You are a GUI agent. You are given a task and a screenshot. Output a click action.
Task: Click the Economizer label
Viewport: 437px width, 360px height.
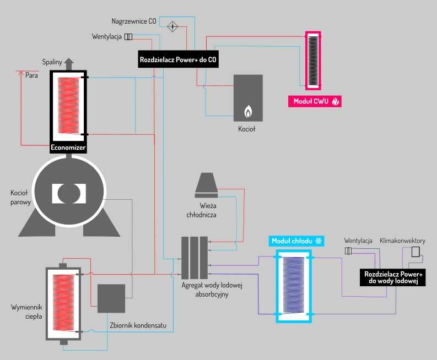pos(68,147)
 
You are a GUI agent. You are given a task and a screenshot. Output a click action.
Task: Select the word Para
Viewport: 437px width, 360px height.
pos(31,75)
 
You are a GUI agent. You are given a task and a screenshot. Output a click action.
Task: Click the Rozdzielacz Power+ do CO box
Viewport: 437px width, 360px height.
pos(178,59)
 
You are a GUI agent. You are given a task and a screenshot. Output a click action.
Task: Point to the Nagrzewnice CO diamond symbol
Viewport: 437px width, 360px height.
pos(172,25)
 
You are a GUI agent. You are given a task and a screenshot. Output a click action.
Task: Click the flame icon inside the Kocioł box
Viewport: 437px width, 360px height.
pos(248,112)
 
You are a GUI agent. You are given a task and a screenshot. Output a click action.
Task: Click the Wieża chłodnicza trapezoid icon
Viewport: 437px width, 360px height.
pos(207,184)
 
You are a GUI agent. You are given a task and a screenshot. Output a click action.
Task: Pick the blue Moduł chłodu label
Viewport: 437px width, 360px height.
pos(297,241)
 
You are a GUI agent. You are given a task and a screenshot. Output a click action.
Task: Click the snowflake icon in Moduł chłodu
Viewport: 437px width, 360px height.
pos(318,241)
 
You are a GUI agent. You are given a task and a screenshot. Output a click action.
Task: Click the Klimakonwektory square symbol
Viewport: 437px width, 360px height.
pos(416,252)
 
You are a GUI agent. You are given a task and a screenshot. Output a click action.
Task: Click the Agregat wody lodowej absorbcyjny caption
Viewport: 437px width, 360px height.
pos(212,290)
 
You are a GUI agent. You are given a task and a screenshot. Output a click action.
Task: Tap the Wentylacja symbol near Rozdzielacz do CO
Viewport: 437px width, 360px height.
pos(128,37)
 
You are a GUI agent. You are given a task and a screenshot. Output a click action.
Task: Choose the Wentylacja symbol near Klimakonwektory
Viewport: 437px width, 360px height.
pos(348,251)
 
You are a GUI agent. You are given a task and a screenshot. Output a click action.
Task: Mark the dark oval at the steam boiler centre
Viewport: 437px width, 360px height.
pos(69,193)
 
